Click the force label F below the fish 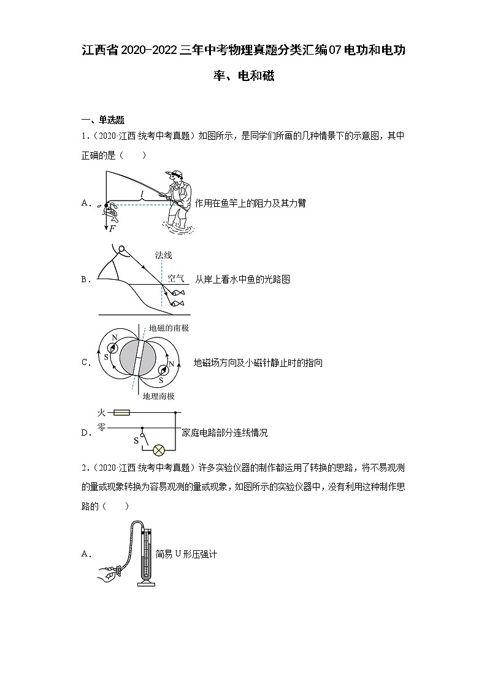point(112,228)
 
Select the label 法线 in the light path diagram point(164,255)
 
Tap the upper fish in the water point(178,293)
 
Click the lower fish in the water point(177,304)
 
